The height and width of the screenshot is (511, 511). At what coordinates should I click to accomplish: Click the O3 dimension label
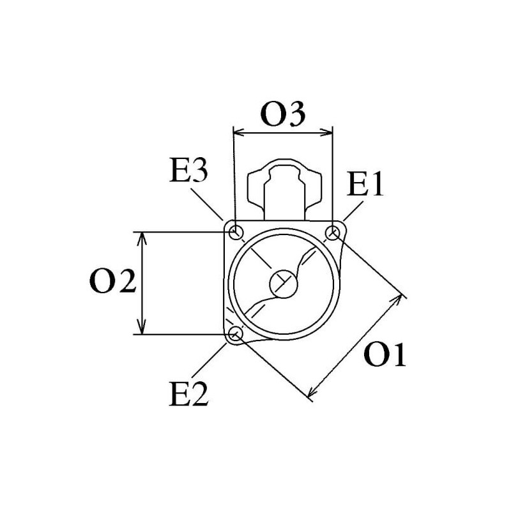click(283, 116)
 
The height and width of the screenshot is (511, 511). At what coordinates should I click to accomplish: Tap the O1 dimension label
click(385, 355)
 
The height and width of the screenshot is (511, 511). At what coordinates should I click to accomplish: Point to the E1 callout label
click(365, 186)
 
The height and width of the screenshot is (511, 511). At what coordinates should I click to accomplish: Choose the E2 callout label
click(189, 395)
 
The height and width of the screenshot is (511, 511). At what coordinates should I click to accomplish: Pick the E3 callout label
click(189, 171)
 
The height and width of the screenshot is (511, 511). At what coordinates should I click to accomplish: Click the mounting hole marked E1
click(333, 233)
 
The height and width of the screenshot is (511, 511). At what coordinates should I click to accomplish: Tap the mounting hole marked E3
click(236, 231)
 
